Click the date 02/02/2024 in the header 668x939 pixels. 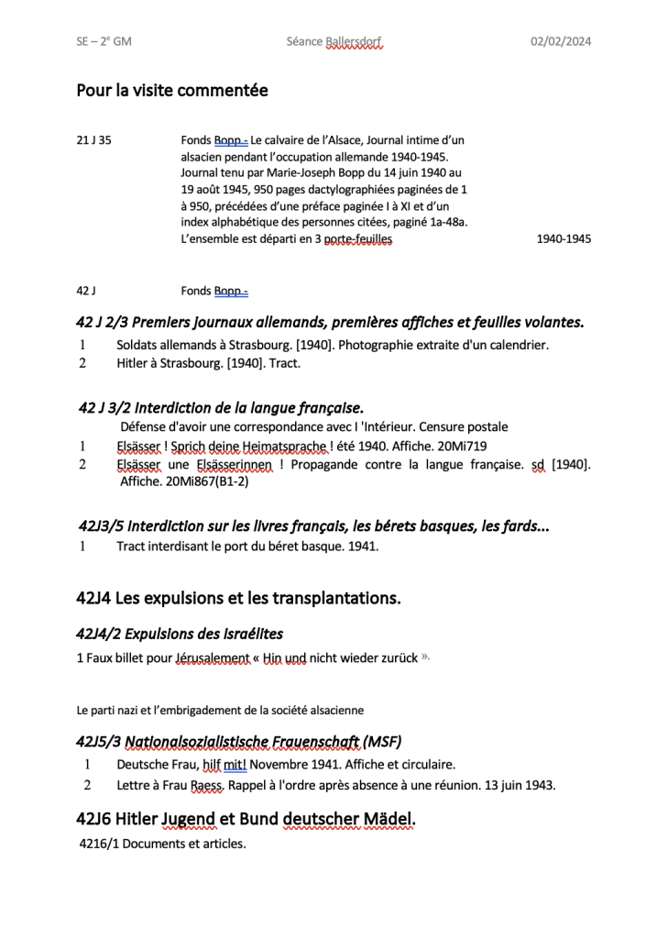561,41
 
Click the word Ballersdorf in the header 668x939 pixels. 353,41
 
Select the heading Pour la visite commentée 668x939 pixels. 172,90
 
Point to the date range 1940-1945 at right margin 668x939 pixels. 564,238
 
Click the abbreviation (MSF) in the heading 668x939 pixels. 383,741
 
